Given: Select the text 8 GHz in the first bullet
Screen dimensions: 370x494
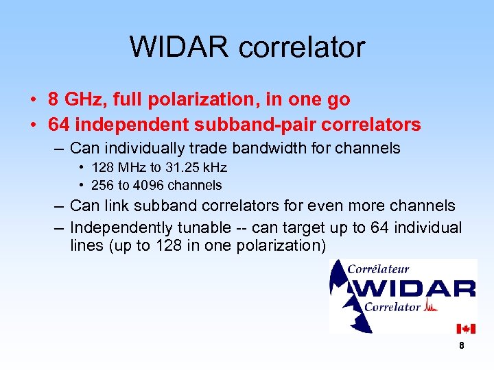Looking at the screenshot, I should coord(76,99).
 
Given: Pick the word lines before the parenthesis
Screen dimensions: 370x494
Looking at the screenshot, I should coord(87,246).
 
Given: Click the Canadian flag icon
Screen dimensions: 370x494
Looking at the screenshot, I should coord(466,329).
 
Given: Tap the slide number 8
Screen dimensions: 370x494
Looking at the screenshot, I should coord(462,346).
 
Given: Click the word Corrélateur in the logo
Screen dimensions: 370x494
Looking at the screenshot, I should coord(378,269).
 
